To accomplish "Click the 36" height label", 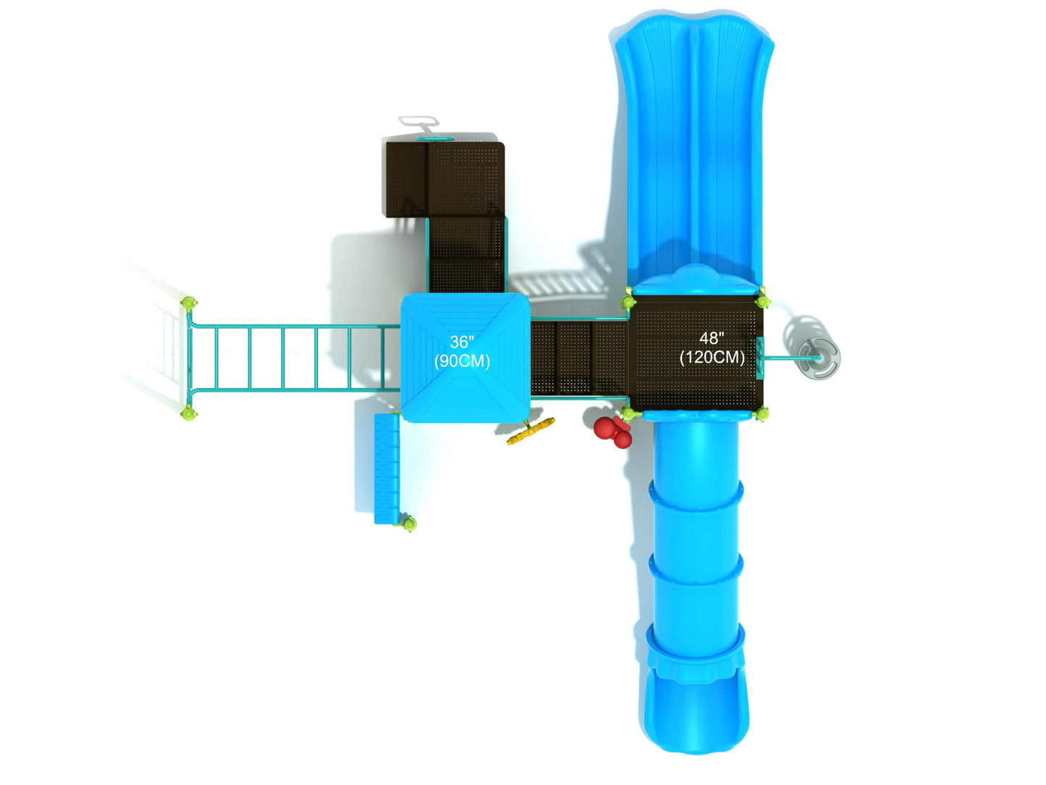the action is point(461,342).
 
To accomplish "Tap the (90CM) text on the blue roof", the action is point(462,361).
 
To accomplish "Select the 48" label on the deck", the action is point(712,338).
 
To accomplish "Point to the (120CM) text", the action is point(712,358).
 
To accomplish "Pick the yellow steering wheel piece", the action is point(531,431).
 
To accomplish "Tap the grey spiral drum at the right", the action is point(819,358).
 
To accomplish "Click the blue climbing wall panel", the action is point(387,469).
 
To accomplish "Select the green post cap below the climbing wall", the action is point(409,524).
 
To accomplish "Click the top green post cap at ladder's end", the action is point(189,303).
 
